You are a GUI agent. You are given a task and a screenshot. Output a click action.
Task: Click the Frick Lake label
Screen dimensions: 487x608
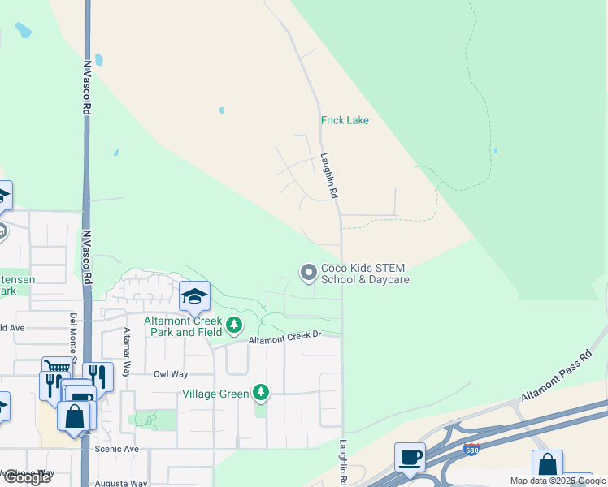pos(345,120)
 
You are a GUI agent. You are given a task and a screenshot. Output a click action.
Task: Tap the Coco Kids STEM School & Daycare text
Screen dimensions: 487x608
pos(364,274)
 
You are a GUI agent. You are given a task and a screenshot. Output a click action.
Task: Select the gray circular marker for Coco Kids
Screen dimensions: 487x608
pos(308,273)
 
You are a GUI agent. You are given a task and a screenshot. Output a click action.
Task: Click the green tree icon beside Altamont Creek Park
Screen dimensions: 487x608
pos(234,325)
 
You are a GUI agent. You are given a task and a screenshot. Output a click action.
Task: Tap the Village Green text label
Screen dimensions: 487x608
pos(215,394)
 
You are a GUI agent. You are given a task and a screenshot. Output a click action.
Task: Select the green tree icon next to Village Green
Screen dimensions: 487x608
pos(260,394)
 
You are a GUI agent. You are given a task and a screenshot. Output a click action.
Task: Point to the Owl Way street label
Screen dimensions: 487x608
pos(171,374)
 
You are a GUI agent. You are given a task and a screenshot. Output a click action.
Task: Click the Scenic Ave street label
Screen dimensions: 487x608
pos(117,449)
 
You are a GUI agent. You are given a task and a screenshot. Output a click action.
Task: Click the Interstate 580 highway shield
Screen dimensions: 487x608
pos(471,447)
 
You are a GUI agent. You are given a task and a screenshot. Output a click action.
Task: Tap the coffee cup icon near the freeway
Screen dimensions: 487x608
pos(410,457)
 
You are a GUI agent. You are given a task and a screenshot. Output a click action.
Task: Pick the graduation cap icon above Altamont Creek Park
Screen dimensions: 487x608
pos(194,297)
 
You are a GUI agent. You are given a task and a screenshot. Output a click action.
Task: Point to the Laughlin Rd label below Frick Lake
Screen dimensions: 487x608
pos(329,177)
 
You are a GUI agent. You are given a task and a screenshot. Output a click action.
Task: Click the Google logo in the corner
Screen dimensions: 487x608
pos(27,477)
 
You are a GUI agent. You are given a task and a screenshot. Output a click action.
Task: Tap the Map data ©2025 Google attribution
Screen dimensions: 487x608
pos(558,481)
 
